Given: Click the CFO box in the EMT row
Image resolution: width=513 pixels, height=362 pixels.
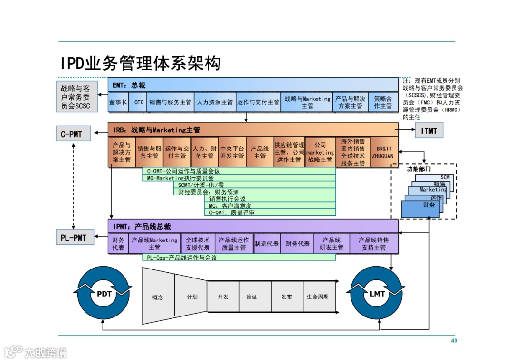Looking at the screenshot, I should [139, 102].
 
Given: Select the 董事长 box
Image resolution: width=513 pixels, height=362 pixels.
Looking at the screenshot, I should [118, 102].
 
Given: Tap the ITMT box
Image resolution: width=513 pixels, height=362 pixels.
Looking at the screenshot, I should [429, 130].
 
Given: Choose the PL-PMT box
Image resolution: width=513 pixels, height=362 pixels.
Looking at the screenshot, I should [74, 237].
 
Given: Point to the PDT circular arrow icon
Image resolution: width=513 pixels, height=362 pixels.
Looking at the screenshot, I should [104, 294].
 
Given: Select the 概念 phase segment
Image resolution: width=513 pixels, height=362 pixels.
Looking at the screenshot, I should [158, 297].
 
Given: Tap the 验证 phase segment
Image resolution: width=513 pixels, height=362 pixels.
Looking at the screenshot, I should [251, 297].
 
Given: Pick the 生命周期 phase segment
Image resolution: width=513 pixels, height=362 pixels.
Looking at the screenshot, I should [317, 297].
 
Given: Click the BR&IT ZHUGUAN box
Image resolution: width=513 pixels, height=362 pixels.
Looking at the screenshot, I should [382, 152].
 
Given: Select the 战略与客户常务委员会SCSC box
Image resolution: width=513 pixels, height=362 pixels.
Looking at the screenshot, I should [76, 97].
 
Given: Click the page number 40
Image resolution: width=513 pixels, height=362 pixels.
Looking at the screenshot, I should [454, 341].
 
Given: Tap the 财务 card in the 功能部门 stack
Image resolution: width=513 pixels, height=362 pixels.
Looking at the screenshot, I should [420, 208].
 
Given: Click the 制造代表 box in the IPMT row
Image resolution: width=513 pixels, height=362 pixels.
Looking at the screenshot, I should [266, 244].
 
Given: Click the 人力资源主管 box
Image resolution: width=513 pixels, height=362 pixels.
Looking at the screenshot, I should [215, 102].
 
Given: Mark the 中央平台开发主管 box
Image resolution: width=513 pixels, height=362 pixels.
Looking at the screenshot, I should [232, 152].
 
